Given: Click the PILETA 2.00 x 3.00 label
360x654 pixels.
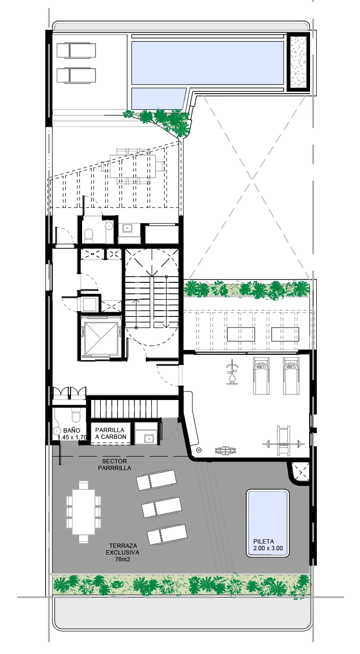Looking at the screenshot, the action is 268,545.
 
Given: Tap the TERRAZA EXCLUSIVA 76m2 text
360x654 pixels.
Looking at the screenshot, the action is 122,552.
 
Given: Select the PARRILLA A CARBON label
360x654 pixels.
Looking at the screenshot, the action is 111,433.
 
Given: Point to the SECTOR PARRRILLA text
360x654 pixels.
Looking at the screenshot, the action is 114,464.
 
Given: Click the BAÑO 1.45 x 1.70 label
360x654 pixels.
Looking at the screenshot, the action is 72,434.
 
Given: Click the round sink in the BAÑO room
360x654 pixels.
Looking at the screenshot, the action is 56,430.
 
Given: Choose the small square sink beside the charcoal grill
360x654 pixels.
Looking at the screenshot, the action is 149,438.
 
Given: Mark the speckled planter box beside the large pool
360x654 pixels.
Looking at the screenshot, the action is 298,61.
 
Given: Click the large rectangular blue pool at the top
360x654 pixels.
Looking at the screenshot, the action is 207,62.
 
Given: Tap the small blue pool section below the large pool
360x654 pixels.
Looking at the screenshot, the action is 158,98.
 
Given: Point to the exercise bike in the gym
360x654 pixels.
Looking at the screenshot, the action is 233,372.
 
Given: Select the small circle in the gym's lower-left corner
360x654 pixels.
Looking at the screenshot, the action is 199,449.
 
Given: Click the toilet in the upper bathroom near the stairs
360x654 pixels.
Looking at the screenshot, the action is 88,235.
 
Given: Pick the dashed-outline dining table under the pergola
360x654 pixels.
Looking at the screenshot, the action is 133,166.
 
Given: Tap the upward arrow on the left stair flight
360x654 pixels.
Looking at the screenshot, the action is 136,313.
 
